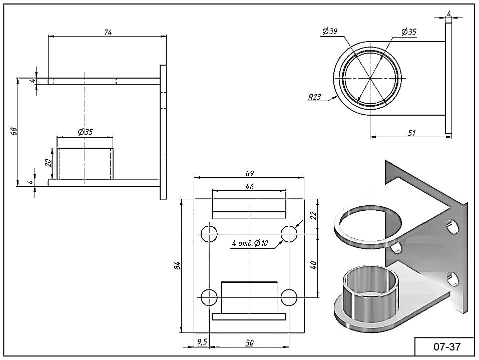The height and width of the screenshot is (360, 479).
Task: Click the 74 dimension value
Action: pos(108,32)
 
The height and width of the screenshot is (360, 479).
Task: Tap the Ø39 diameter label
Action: pos(330,31)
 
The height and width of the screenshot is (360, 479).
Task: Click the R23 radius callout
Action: pos(314,97)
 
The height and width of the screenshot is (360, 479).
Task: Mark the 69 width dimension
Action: pos(250,173)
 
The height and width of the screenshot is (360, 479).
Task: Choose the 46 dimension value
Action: pos(250,186)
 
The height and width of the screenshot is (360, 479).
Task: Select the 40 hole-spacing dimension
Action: pos(314,265)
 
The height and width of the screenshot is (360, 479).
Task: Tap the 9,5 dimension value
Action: pos(202,342)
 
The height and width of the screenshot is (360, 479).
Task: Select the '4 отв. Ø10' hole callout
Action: pos(250,243)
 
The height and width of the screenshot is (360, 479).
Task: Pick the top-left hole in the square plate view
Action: pos(209,234)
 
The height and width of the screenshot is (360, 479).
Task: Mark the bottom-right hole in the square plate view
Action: pos(289,297)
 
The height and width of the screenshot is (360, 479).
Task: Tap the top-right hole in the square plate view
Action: pos(289,234)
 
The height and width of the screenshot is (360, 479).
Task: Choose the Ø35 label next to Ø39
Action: pos(409,32)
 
